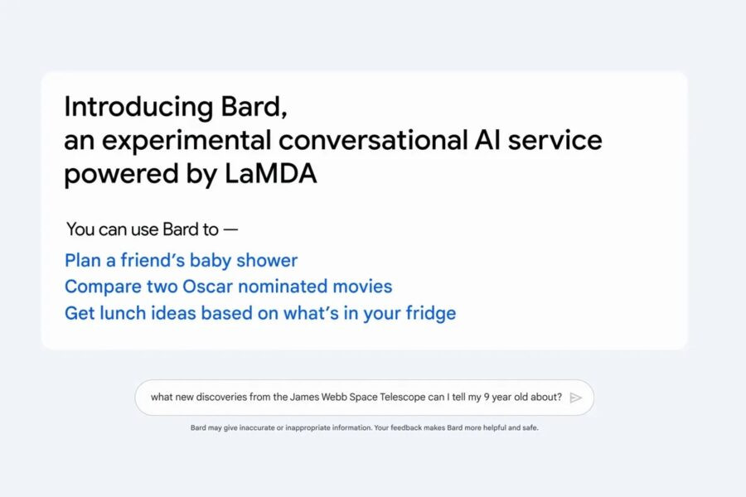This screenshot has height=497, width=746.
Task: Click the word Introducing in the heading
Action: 127,108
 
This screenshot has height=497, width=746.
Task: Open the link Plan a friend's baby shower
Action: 181,260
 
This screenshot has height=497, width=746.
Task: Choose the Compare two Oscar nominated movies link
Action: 228,287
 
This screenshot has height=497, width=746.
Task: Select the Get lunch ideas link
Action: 259,313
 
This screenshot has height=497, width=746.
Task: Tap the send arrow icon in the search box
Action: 576,398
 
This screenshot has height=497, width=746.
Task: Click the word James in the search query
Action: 303,398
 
